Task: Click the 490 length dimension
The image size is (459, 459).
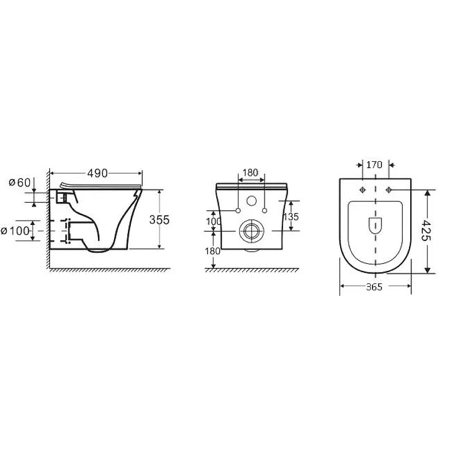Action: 98,173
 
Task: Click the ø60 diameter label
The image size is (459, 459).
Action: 20,182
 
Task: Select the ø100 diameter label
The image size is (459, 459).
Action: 15,231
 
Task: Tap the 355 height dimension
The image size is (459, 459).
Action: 160,220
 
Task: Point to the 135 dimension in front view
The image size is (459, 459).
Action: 291,217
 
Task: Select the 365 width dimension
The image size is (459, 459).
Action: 374,287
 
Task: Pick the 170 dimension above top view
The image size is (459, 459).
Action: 375,165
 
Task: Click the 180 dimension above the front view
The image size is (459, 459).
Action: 251,173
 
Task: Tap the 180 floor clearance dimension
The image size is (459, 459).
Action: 213,251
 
